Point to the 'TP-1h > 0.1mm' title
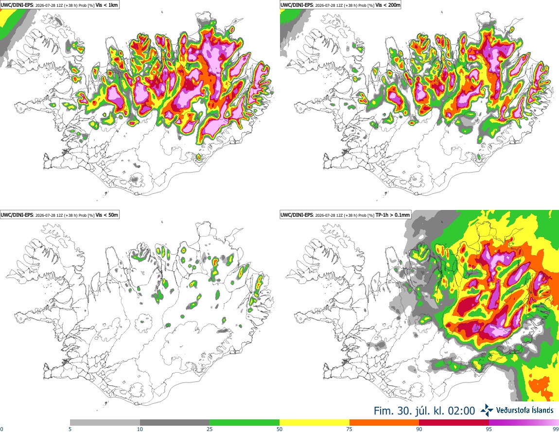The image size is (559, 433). point(393,215)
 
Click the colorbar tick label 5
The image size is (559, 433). point(70,429)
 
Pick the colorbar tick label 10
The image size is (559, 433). point(140,429)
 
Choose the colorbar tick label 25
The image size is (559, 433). point(210,429)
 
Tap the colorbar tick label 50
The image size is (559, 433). point(279,429)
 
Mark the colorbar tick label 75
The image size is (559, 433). point(349,429)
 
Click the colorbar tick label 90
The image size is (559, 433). point(419,429)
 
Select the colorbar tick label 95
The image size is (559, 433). point(489,429)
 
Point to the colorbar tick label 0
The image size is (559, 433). point(1,429)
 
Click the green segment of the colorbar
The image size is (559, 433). point(245,423)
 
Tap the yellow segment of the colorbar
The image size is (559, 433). point(314,423)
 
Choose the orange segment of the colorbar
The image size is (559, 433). point(384,423)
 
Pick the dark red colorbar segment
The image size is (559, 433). point(454,423)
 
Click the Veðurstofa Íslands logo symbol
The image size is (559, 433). point(487,411)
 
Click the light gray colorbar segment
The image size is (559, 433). point(105,423)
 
